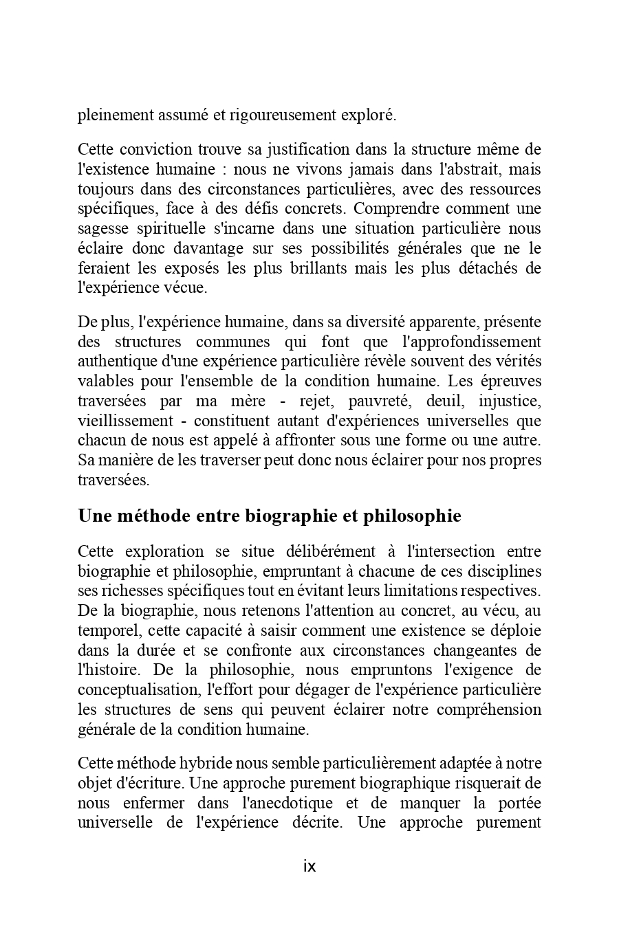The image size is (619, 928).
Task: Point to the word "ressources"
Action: coord(508,189)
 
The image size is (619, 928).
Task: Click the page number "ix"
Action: coord(309,866)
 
